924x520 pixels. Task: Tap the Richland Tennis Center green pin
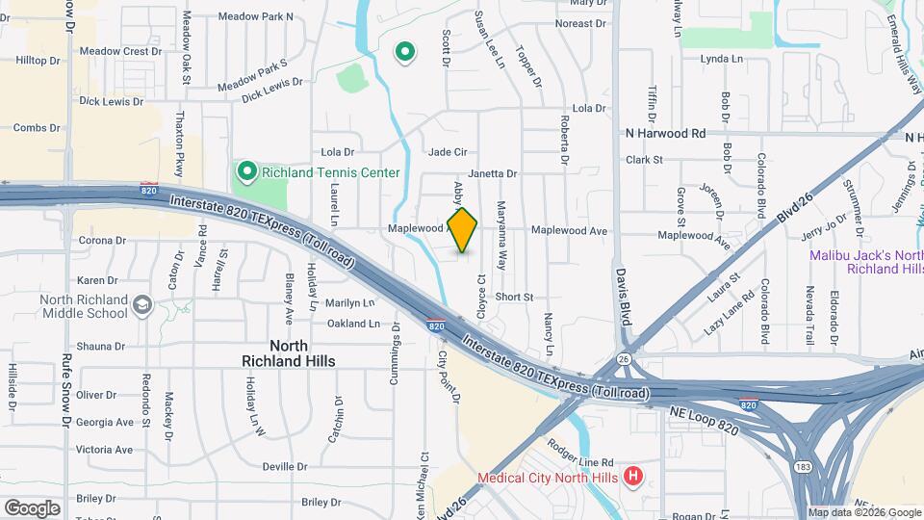click(x=246, y=172)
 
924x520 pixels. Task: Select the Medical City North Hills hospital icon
click(x=633, y=476)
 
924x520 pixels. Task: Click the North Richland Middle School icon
click(x=142, y=305)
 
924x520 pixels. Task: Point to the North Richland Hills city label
click(x=289, y=352)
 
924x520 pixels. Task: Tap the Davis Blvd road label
click(x=624, y=295)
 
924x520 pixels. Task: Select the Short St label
click(x=514, y=298)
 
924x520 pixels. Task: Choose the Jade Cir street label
click(x=448, y=152)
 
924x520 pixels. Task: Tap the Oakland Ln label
click(x=353, y=325)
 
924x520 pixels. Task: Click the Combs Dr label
click(x=37, y=127)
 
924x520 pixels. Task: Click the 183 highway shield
click(x=801, y=466)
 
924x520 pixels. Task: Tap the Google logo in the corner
click(x=32, y=507)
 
